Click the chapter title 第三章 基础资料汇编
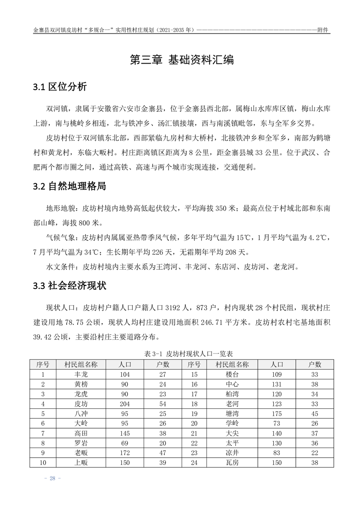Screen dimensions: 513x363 click(x=182, y=60)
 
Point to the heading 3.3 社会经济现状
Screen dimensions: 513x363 click(x=70, y=286)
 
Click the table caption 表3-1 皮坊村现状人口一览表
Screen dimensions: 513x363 click(x=182, y=354)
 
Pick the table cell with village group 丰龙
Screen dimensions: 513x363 click(x=81, y=374)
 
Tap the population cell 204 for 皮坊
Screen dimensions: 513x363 click(x=125, y=404)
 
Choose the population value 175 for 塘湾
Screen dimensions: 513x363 click(x=276, y=414)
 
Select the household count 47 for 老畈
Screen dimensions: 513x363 click(x=163, y=454)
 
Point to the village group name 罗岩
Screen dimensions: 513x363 click(x=81, y=444)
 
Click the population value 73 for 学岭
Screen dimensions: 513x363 click(x=276, y=424)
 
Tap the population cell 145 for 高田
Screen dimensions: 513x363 click(x=125, y=434)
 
